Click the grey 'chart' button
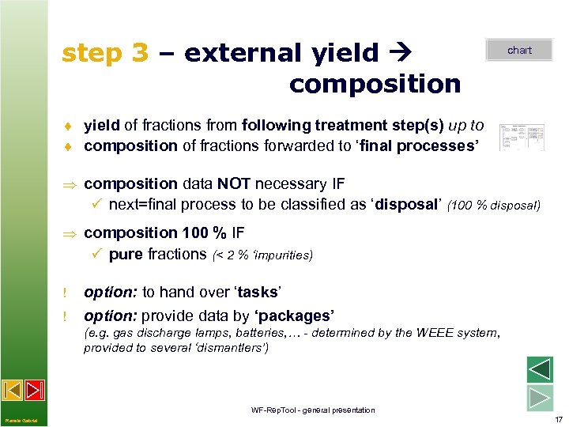point(519,50)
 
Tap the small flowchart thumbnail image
point(522,137)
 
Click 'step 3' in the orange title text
point(105,53)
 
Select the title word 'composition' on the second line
point(375,84)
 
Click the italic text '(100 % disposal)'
point(494,206)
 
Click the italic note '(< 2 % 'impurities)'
point(262,255)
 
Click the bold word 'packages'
point(292,316)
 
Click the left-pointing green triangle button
point(539,370)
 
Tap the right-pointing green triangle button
point(539,397)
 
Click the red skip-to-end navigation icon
point(34,391)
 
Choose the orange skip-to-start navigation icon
point(13,391)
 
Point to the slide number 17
point(558,419)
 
